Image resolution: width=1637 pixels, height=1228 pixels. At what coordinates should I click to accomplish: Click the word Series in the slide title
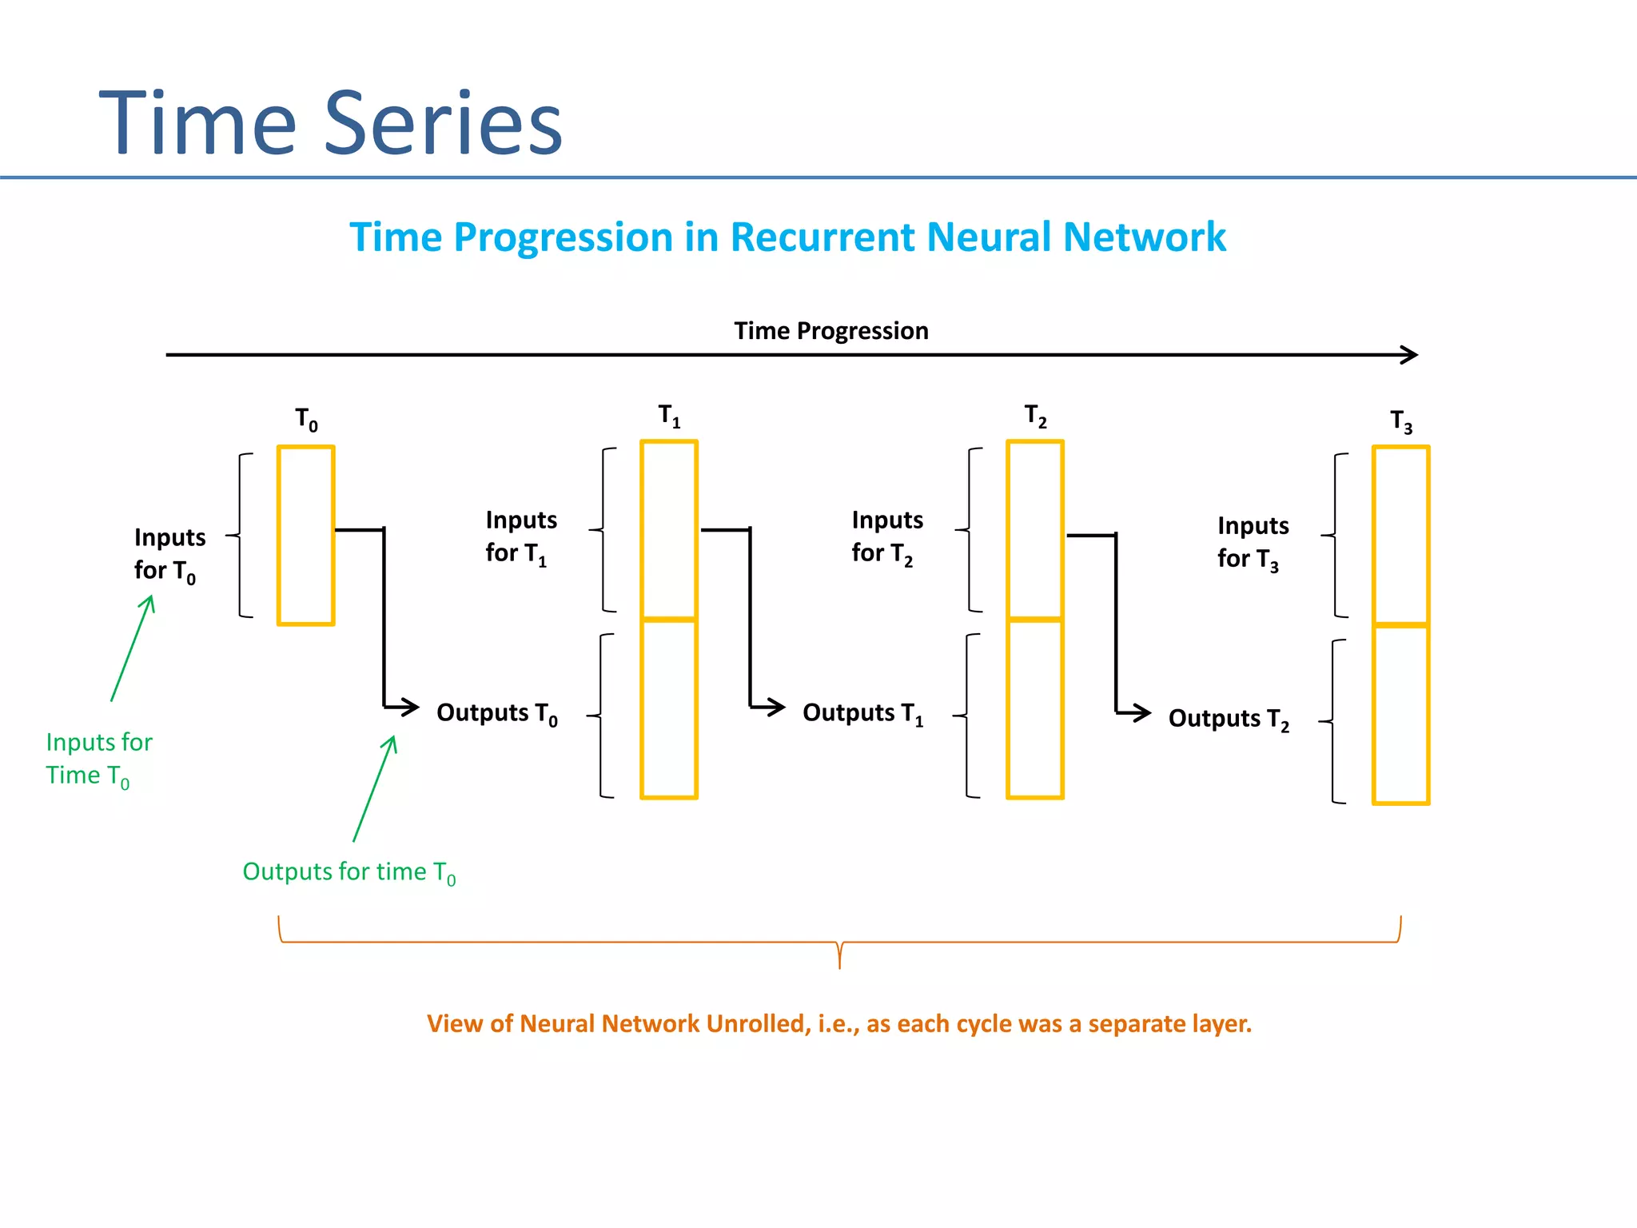coord(444,124)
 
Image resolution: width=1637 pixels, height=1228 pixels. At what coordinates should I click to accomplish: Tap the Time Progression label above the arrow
coord(831,331)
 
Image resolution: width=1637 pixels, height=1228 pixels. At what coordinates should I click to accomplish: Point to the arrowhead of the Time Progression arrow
coord(1412,355)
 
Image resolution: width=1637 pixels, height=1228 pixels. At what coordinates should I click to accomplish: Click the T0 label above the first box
coord(306,419)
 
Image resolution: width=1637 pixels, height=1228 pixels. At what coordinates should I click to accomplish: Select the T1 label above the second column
coord(669,416)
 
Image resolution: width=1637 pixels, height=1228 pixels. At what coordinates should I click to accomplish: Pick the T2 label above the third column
coord(1035,416)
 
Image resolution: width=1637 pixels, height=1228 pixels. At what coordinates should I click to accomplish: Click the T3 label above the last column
coord(1400,421)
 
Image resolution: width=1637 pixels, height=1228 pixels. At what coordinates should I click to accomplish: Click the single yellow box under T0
coord(306,536)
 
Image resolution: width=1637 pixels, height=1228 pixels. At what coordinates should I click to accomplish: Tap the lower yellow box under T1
coord(669,709)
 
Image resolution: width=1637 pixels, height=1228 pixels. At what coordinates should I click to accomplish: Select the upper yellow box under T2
coord(1035,529)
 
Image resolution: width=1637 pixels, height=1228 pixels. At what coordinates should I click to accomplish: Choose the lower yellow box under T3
coord(1400,715)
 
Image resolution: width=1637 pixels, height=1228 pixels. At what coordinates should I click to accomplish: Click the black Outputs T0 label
coord(496,713)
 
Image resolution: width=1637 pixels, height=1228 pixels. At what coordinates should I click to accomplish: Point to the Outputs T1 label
coord(862,713)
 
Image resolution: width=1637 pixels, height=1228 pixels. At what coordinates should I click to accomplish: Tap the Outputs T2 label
coord(1229,719)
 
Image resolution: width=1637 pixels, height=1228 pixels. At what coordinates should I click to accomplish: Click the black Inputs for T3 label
coord(1252,542)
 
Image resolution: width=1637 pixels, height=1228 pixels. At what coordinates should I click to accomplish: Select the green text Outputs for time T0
coord(349,872)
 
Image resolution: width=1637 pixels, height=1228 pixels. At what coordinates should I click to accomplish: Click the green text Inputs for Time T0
coord(98,759)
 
